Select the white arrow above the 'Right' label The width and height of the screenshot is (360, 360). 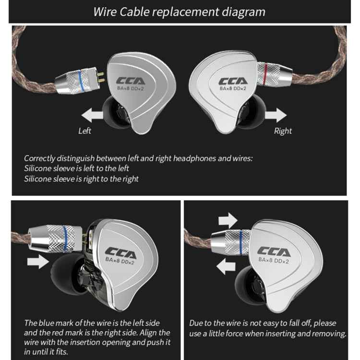coord(277,115)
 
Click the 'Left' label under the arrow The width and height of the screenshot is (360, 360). coord(84,131)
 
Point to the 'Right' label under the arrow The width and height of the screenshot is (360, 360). coord(283,131)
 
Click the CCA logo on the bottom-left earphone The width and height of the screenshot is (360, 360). coord(121,252)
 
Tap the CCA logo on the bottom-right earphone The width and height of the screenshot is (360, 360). coord(274,251)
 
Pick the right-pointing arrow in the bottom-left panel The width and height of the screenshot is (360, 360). coord(38,262)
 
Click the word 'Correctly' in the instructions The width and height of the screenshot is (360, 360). coord(41,158)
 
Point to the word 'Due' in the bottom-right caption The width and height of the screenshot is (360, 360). coord(197,323)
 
